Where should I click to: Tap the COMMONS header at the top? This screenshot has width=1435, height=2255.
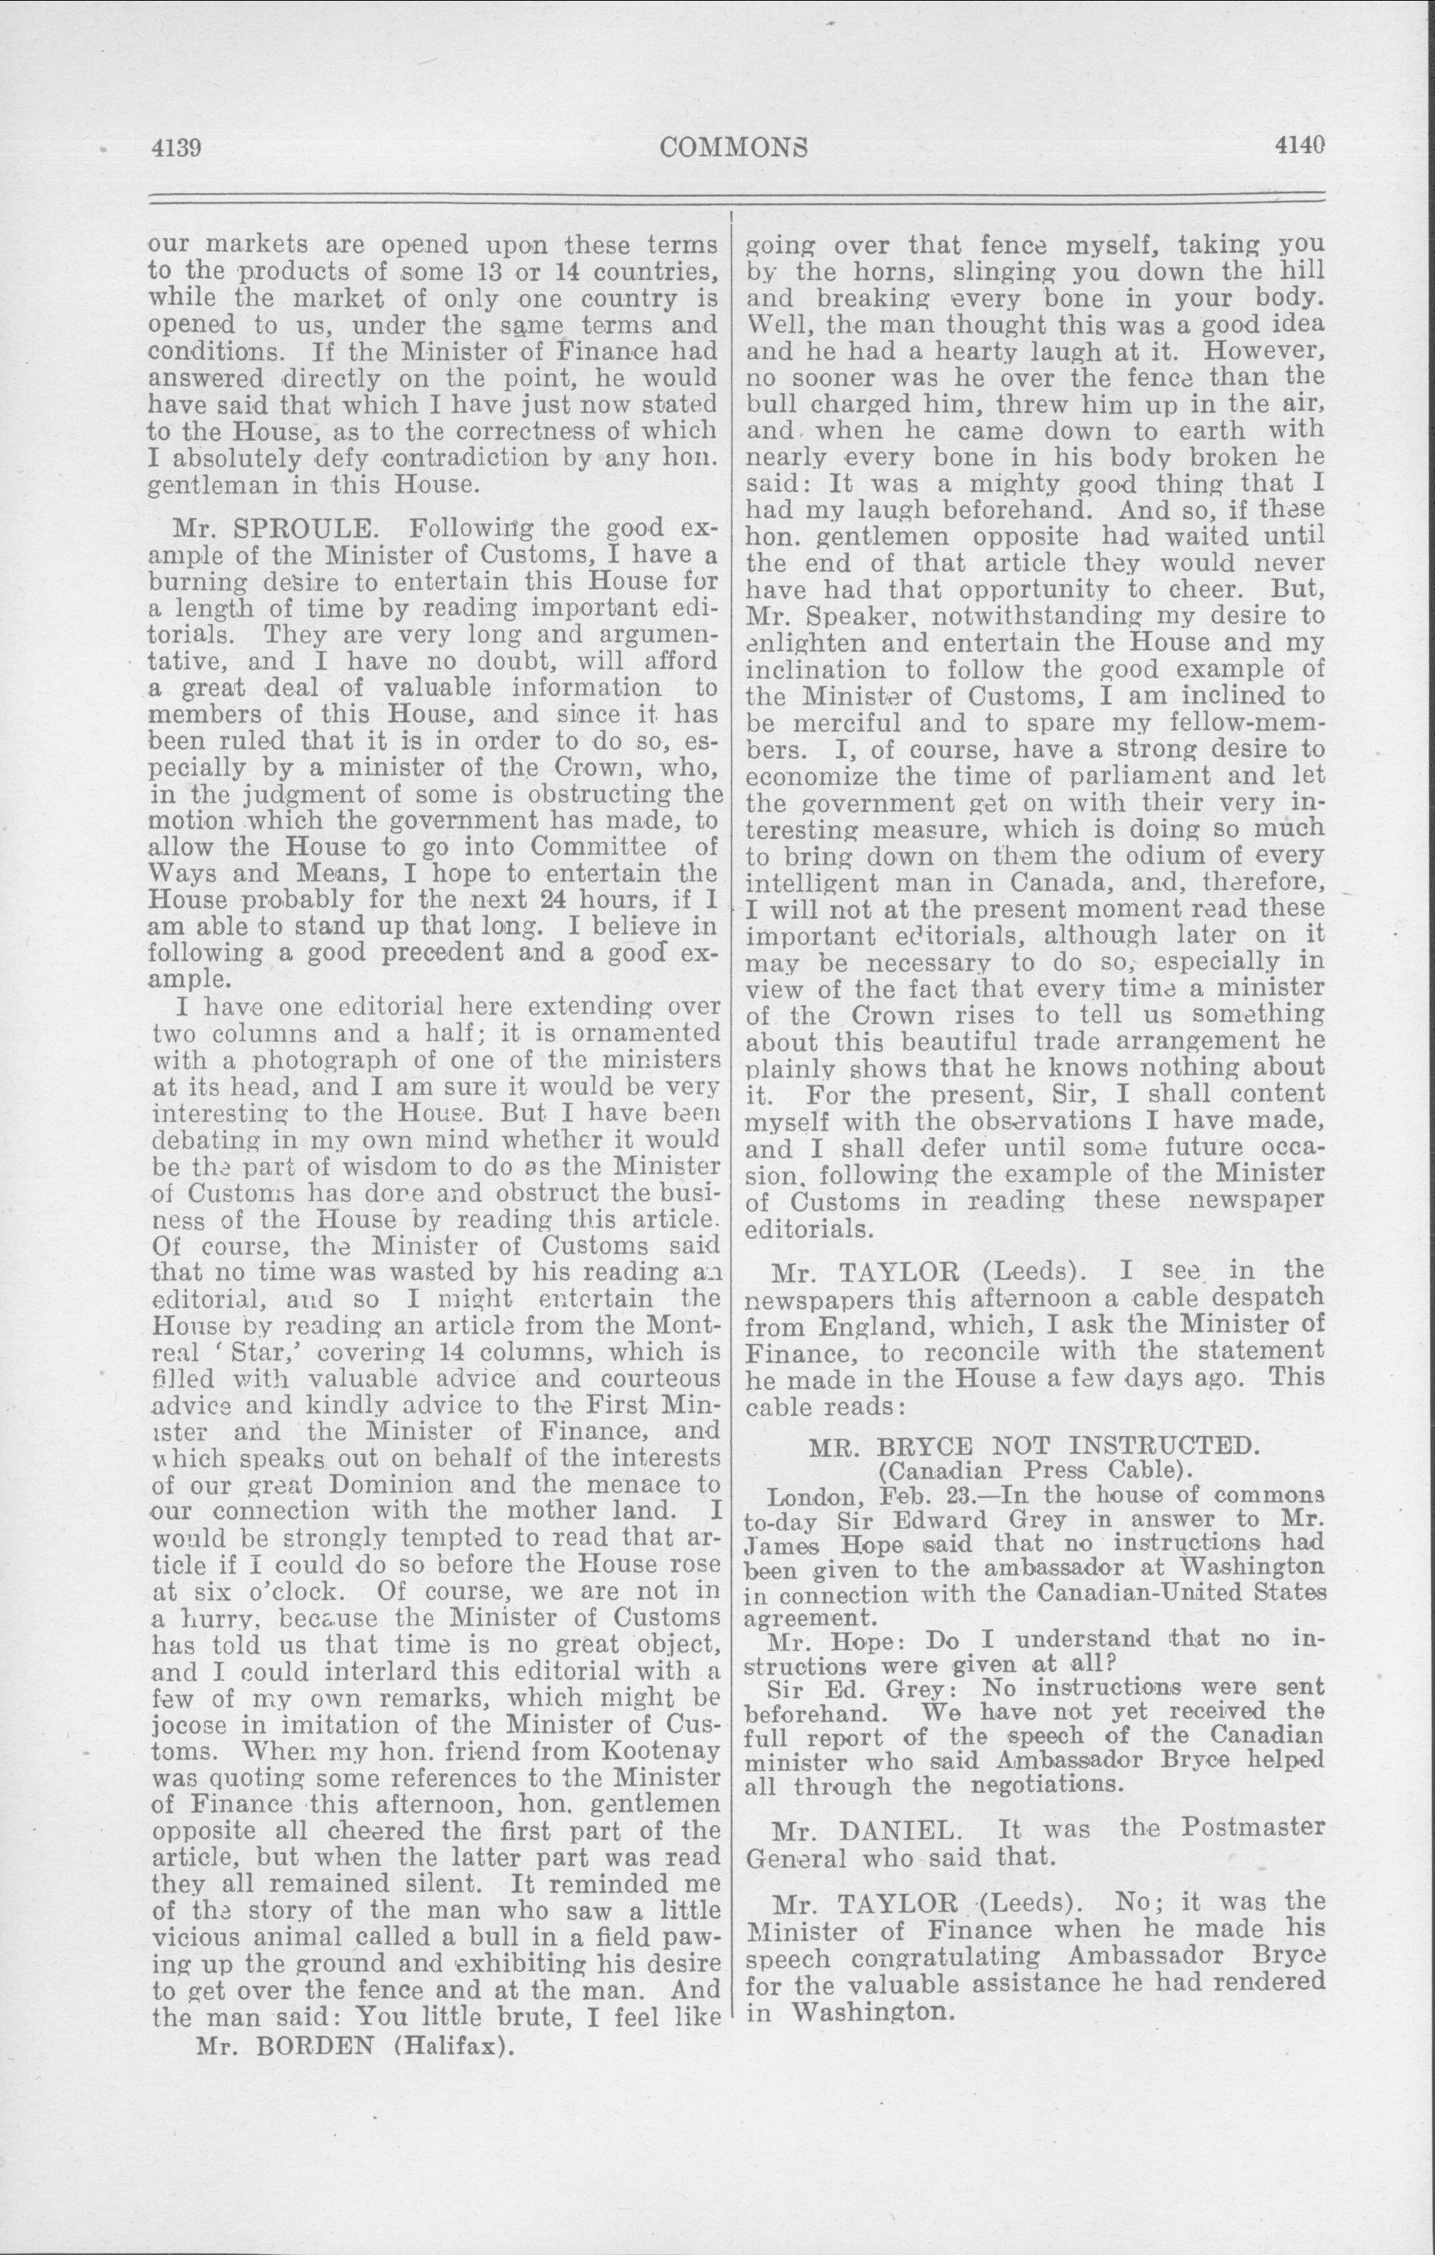pyautogui.click(x=734, y=147)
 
